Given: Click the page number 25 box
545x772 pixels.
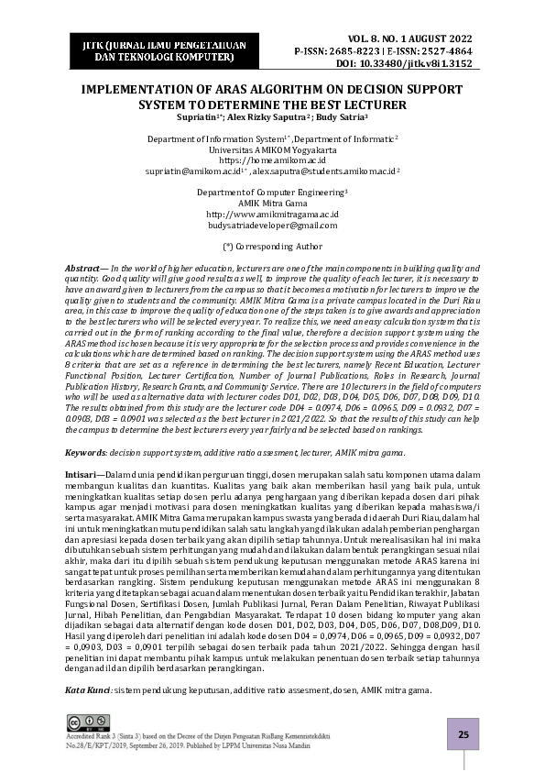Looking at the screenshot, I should [463, 734].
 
